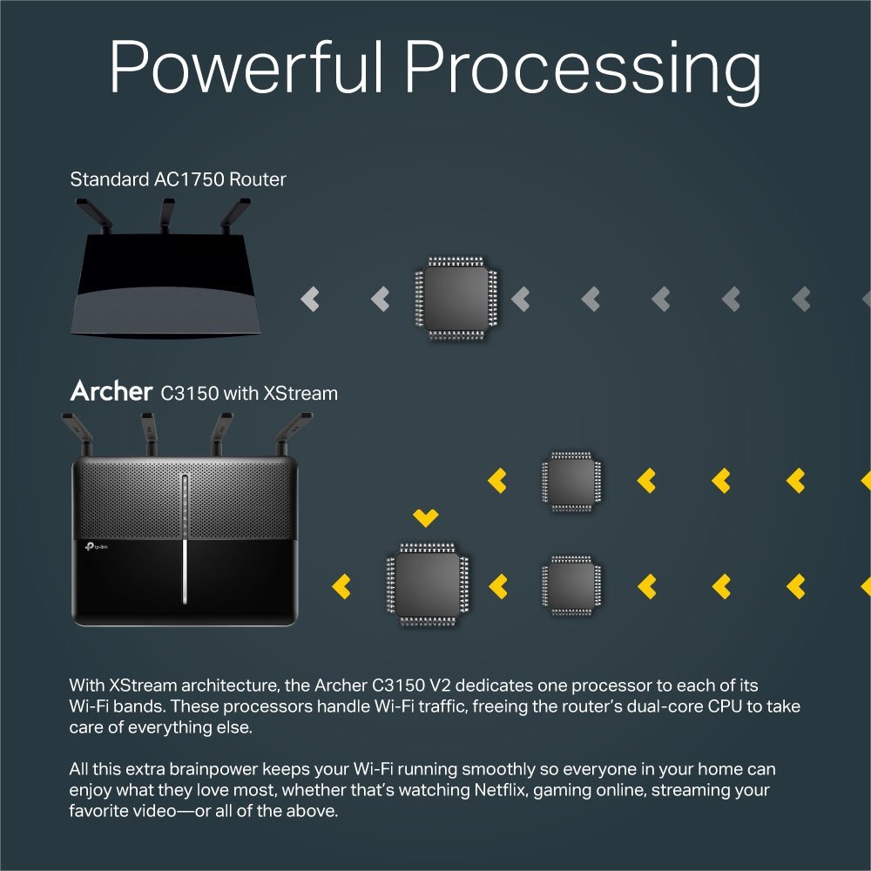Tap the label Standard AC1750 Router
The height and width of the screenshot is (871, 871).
point(178,179)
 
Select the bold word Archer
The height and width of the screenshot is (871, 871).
point(111,392)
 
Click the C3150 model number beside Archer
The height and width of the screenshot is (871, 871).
point(189,394)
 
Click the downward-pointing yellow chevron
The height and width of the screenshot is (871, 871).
point(425,518)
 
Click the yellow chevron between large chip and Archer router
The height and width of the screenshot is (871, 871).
point(342,585)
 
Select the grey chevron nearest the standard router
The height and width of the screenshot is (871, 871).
point(310,300)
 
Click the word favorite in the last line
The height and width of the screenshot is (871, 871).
point(98,812)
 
